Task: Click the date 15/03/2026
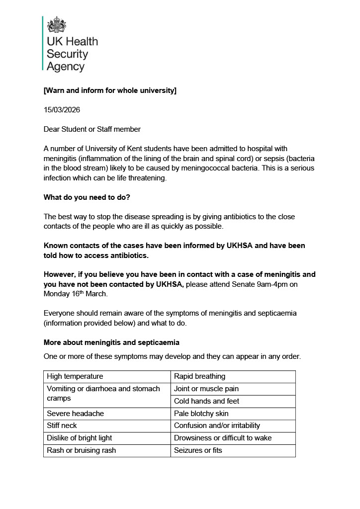62,110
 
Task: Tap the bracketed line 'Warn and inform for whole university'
110,90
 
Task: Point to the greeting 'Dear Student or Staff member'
92,129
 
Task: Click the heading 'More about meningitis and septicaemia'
111,342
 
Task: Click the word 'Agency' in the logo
66,67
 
